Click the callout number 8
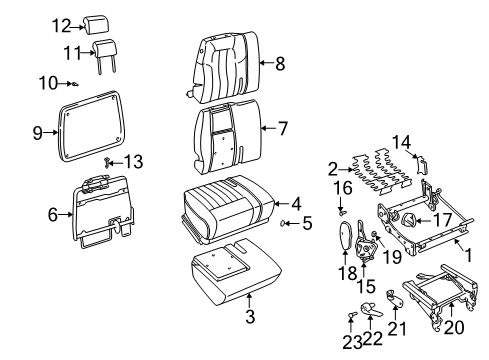pyautogui.click(x=279, y=65)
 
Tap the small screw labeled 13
pyautogui.click(x=108, y=160)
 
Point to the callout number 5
pyautogui.click(x=306, y=222)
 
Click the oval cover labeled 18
pyautogui.click(x=343, y=240)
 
